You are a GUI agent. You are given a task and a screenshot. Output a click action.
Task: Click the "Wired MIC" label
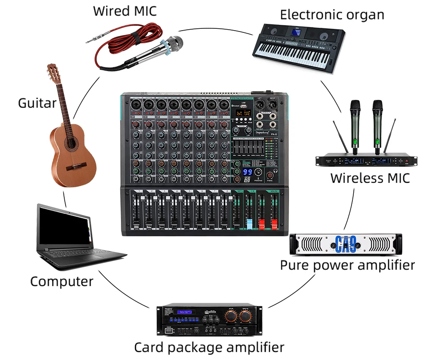(125, 11)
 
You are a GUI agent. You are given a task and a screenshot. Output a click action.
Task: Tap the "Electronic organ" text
(332, 14)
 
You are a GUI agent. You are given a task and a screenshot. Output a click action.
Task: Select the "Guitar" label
(37, 103)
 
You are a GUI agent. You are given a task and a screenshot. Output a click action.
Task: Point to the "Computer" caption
(62, 282)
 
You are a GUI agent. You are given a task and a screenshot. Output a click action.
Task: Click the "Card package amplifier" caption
(209, 347)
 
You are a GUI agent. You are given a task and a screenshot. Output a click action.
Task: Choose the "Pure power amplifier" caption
(347, 265)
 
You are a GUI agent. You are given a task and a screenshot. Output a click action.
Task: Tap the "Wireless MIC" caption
(370, 178)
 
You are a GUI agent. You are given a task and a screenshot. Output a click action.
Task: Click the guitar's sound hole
(71, 144)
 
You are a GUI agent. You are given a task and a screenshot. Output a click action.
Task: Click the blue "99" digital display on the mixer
(248, 172)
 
